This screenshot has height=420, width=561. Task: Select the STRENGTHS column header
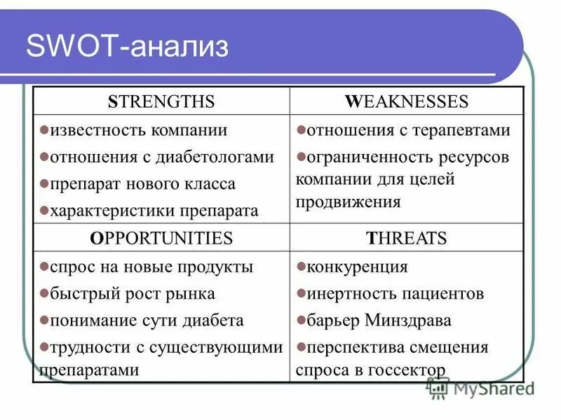click(x=161, y=102)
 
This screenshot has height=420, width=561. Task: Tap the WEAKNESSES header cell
click(x=406, y=102)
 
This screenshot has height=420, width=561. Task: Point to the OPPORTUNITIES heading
click(x=161, y=238)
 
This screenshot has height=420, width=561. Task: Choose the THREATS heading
click(x=406, y=238)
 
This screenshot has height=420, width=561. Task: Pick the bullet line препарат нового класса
click(x=142, y=184)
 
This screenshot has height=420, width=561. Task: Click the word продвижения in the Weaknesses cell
click(x=348, y=202)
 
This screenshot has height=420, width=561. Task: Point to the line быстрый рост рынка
click(x=131, y=294)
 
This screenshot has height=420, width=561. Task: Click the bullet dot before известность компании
click(x=43, y=129)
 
